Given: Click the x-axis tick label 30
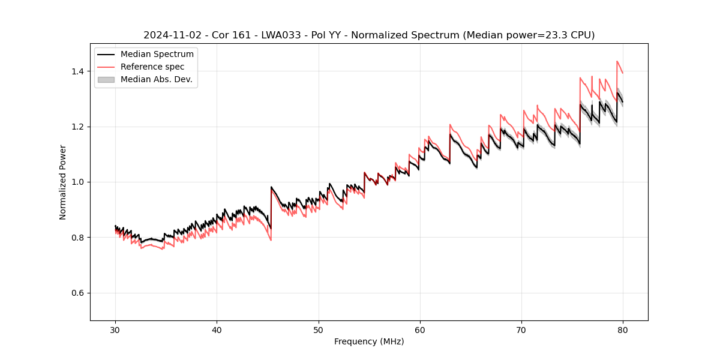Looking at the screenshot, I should click(x=115, y=330).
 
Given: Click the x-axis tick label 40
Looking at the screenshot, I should click(x=217, y=330).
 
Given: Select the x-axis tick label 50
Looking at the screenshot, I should click(x=318, y=330).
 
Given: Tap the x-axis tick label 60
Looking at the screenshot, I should click(x=419, y=330).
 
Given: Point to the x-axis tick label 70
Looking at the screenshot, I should click(x=521, y=330).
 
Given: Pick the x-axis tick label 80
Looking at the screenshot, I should click(x=623, y=330).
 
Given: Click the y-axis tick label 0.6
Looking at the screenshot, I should click(x=78, y=293).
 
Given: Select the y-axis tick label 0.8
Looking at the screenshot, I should click(x=78, y=238).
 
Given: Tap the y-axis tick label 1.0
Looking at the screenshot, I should click(x=78, y=182).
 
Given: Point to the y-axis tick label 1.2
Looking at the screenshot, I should click(x=78, y=127).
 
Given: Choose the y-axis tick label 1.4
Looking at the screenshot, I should click(x=78, y=71).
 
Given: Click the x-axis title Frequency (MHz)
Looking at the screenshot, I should click(x=369, y=341).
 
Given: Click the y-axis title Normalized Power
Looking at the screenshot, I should click(x=63, y=182).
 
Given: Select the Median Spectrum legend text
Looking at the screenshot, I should click(x=157, y=55).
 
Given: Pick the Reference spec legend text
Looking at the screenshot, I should click(x=152, y=67).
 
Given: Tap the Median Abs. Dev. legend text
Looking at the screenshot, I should click(x=156, y=79).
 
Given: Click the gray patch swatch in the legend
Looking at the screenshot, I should click(x=106, y=79).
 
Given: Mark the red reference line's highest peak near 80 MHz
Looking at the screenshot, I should click(x=617, y=61).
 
